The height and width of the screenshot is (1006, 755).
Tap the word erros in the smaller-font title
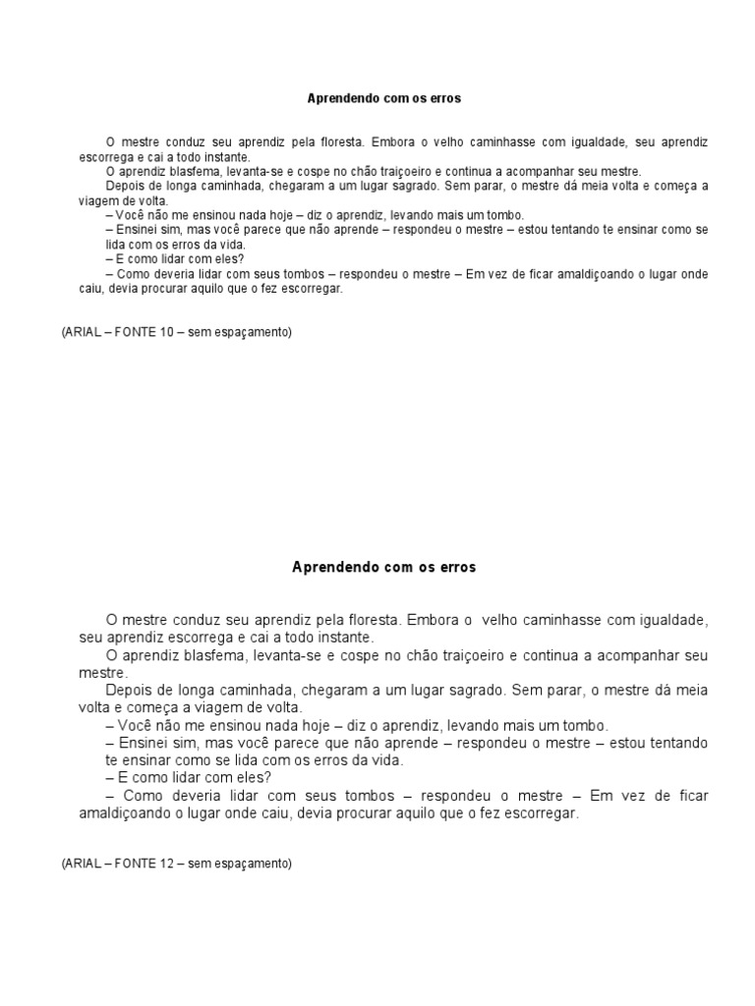click(443, 99)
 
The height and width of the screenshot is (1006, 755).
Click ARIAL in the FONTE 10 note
click(80, 332)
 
